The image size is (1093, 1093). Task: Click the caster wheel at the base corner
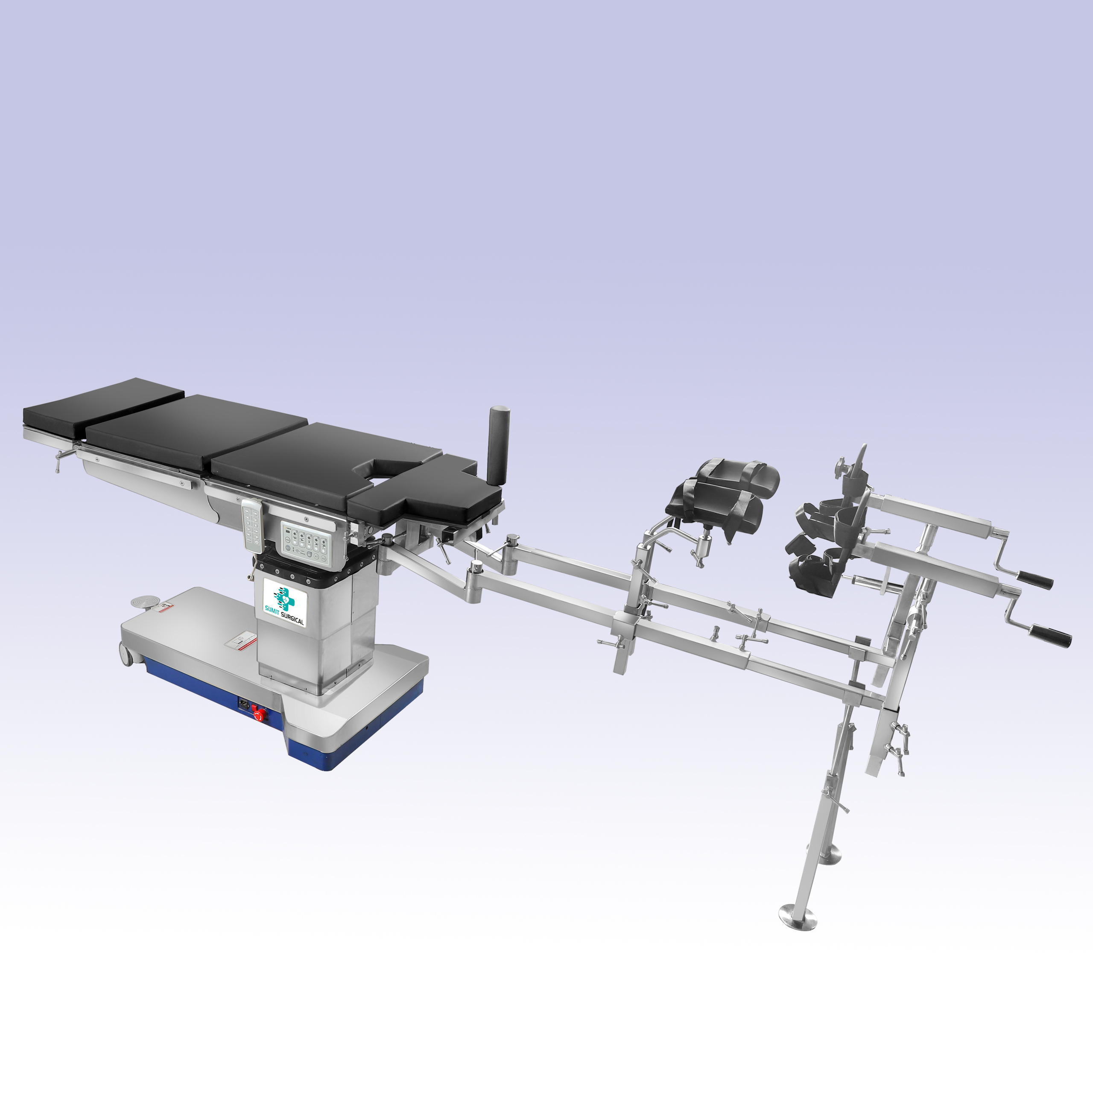pos(127,654)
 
